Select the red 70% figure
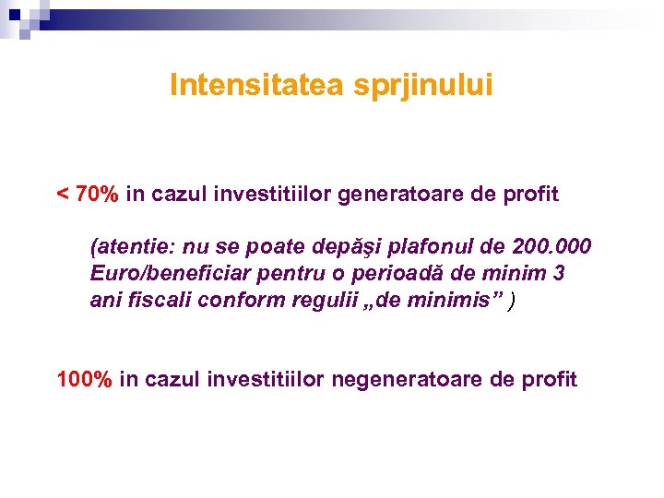(98, 195)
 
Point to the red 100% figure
(85, 379)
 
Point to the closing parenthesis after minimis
(513, 301)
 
